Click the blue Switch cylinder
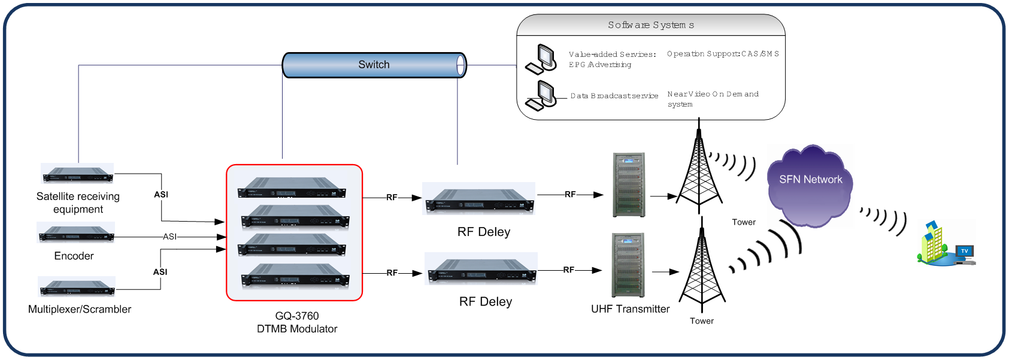click(374, 65)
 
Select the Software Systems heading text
click(651, 25)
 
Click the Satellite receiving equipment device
click(77, 174)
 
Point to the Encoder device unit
click(76, 232)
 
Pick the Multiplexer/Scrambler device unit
click(77, 287)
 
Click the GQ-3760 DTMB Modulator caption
click(297, 322)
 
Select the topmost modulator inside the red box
click(292, 187)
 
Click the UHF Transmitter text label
click(630, 309)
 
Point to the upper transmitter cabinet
click(629, 184)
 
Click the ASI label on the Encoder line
click(170, 237)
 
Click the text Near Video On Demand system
click(713, 99)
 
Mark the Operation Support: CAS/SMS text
click(723, 54)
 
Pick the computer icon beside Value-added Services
click(541, 59)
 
